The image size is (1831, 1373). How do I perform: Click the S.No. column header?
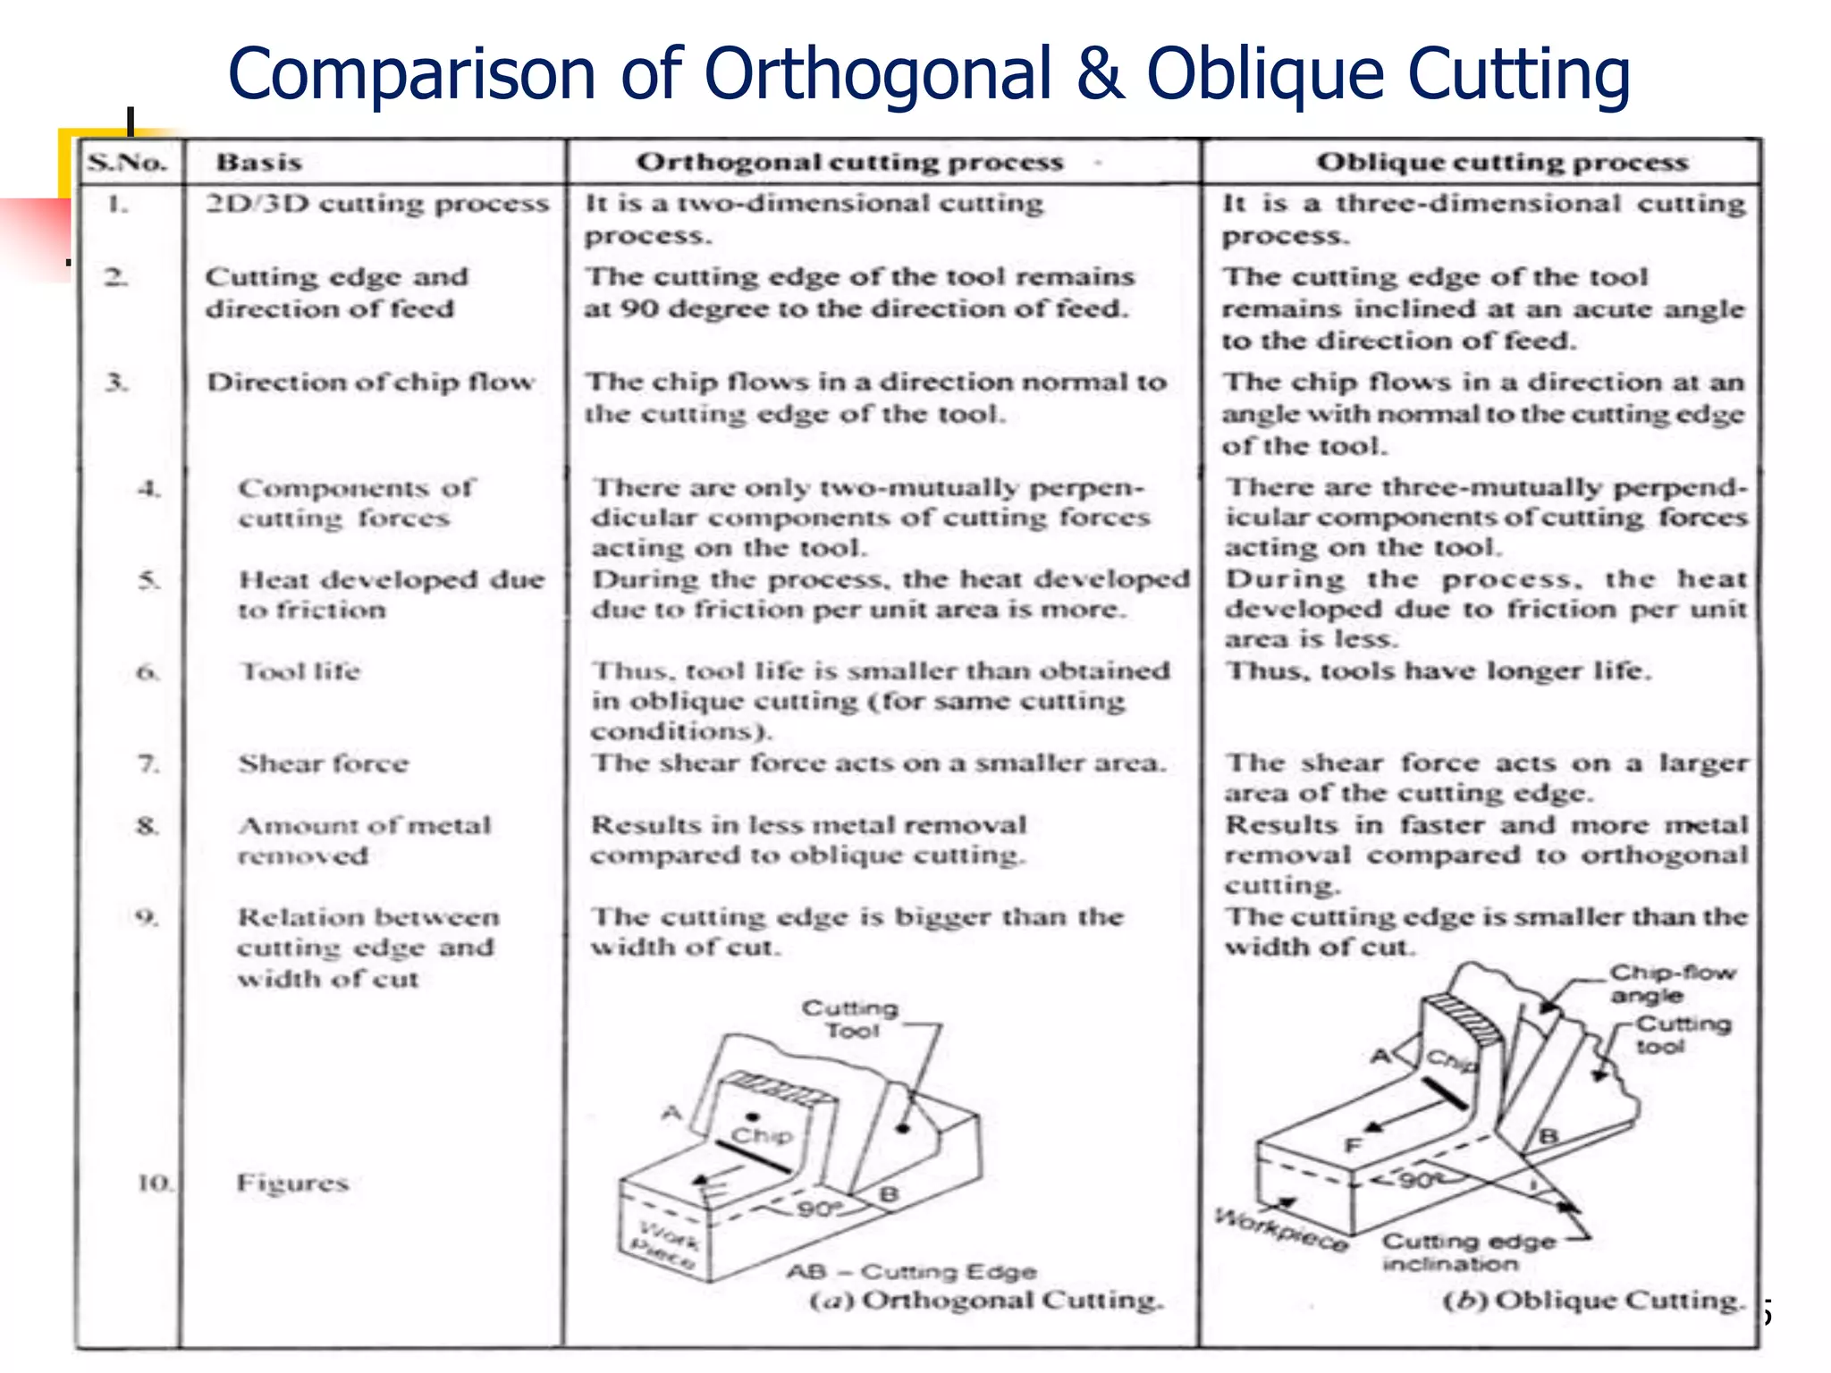click(x=128, y=163)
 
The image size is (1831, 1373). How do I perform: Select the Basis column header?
click(x=258, y=163)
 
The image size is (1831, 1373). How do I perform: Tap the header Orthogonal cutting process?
click(x=849, y=163)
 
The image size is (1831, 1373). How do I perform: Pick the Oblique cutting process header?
click(x=1502, y=163)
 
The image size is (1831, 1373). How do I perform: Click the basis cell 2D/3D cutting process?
click(x=376, y=204)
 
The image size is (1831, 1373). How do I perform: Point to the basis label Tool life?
click(x=300, y=671)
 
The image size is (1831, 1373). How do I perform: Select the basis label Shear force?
click(x=323, y=763)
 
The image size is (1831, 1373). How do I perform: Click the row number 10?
click(x=154, y=1183)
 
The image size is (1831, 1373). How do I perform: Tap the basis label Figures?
click(x=292, y=1183)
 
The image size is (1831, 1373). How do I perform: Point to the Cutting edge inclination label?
click(x=1468, y=1252)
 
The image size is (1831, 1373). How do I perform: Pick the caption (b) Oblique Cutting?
click(x=1593, y=1300)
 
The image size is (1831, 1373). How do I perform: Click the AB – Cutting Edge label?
click(x=912, y=1271)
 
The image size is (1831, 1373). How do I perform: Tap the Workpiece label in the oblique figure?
click(x=1280, y=1231)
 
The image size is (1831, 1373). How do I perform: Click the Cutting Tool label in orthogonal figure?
click(x=849, y=1019)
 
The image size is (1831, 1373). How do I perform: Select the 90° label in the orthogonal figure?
click(x=820, y=1209)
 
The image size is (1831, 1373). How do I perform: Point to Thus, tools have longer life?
click(x=1438, y=670)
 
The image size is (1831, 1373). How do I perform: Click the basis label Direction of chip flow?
click(x=370, y=383)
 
